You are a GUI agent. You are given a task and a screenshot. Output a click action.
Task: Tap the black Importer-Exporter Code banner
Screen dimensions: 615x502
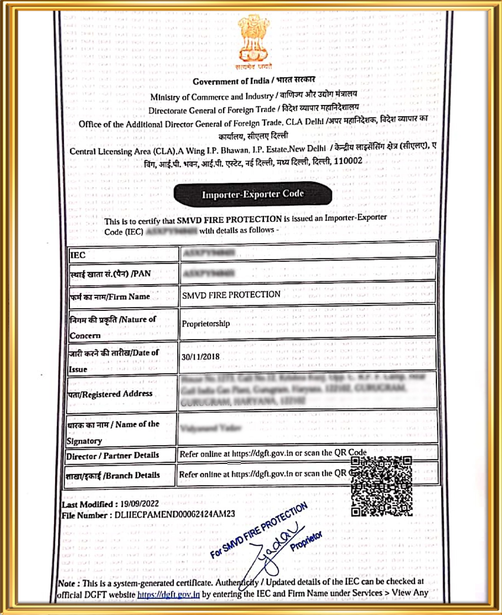(253, 194)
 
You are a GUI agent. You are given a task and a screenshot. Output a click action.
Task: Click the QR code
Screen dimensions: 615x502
(381, 486)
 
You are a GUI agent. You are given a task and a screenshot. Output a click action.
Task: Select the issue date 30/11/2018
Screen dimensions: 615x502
(200, 357)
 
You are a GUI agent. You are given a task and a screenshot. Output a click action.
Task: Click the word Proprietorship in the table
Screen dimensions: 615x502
(206, 324)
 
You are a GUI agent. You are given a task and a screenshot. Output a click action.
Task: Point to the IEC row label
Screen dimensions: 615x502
(78, 255)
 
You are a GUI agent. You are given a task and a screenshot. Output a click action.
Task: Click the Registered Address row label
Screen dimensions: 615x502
(110, 394)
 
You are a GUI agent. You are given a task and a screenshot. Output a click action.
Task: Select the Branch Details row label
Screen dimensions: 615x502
(113, 475)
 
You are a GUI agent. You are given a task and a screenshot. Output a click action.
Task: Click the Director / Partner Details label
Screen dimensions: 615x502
(113, 456)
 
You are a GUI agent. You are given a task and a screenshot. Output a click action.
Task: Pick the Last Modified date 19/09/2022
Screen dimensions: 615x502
(139, 504)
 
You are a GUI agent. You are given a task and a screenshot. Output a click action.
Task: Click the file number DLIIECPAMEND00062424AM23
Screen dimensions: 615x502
(175, 514)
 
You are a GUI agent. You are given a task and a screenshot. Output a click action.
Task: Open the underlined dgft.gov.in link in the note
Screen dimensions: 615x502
(168, 595)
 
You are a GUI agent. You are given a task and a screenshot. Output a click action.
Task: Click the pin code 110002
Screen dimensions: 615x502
(348, 161)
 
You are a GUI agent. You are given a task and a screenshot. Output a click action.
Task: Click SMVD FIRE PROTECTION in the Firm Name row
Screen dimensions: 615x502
(231, 295)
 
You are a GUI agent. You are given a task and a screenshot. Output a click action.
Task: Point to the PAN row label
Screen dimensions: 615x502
(110, 274)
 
